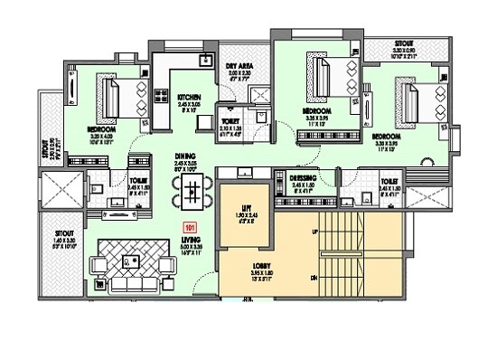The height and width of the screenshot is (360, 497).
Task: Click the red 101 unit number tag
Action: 190,228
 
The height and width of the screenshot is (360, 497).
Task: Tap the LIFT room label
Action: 243,208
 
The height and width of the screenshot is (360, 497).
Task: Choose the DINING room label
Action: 187,156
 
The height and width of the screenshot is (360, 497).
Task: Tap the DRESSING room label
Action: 303,181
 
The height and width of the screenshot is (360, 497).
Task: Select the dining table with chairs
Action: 193,189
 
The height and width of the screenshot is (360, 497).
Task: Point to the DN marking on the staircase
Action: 313,278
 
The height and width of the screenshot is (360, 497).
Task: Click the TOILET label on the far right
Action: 389,182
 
